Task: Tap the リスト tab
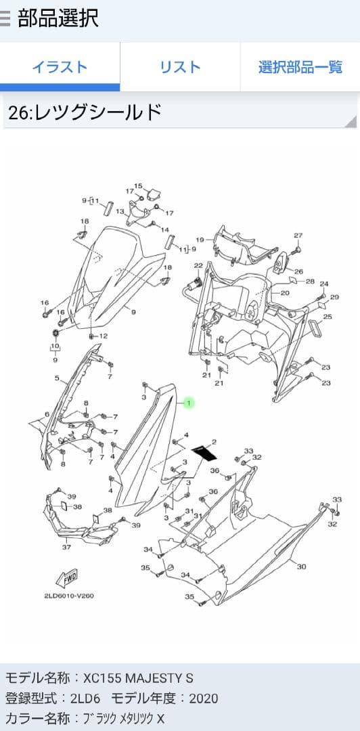click(x=180, y=66)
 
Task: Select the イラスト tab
click(x=60, y=66)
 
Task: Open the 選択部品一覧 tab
click(x=300, y=66)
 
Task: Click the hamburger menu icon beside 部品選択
click(x=5, y=19)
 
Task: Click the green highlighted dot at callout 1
click(x=189, y=402)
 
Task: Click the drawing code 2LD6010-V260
click(x=69, y=596)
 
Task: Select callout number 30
click(x=302, y=567)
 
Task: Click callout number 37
click(x=67, y=547)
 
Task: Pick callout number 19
click(x=200, y=240)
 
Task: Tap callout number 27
click(x=298, y=236)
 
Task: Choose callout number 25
click(x=328, y=317)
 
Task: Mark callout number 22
click(x=199, y=265)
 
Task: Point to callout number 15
click(x=138, y=186)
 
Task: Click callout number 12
click(x=103, y=336)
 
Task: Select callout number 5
click(x=57, y=378)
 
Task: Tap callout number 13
click(x=120, y=211)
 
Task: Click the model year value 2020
click(x=204, y=699)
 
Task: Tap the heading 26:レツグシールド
click(x=85, y=112)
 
